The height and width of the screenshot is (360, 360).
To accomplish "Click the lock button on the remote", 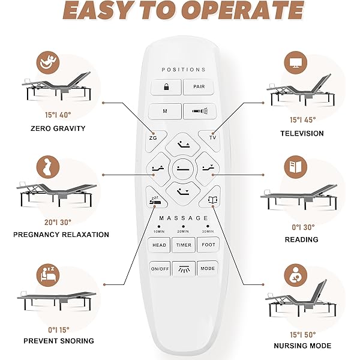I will coord(165,87).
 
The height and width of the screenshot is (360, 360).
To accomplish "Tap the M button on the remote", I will coord(165,111).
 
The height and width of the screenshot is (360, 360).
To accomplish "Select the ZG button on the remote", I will coord(153,137).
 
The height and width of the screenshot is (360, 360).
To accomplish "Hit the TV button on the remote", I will coord(212,137).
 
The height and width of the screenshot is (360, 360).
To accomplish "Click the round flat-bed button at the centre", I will coord(182,169).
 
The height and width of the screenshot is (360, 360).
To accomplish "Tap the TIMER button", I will coord(183,245).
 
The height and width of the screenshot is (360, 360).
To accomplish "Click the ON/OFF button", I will coord(159,268).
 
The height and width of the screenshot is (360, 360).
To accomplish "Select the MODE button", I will coord(207,268).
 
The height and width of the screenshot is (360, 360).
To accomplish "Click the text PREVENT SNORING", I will coord(59,341).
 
